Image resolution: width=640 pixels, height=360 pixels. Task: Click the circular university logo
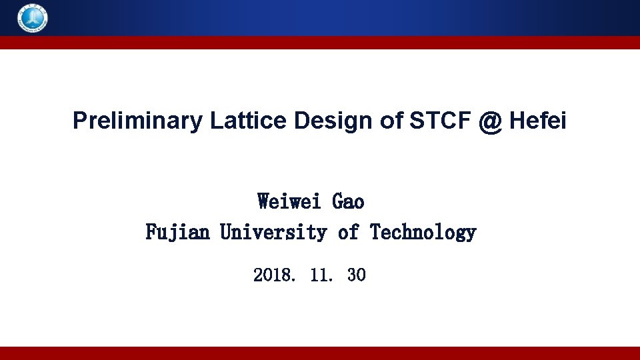pyautogui.click(x=33, y=18)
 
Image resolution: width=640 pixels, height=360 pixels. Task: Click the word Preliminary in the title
pyautogui.click(x=137, y=121)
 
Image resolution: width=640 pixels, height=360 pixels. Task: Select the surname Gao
pyautogui.click(x=348, y=201)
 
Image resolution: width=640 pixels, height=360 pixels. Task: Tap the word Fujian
pyautogui.click(x=177, y=233)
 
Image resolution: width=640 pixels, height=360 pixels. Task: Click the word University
pyautogui.click(x=273, y=233)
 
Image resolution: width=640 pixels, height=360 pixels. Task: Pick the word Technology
pyautogui.click(x=423, y=233)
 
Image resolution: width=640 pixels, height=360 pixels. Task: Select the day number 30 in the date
pyautogui.click(x=356, y=275)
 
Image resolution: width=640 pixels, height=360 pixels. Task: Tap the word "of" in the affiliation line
pyautogui.click(x=348, y=233)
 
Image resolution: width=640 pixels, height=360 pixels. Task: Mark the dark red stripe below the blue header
pyautogui.click(x=320, y=43)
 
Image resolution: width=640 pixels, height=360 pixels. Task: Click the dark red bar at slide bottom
pyautogui.click(x=320, y=353)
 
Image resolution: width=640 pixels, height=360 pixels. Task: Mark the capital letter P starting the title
pyautogui.click(x=79, y=121)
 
